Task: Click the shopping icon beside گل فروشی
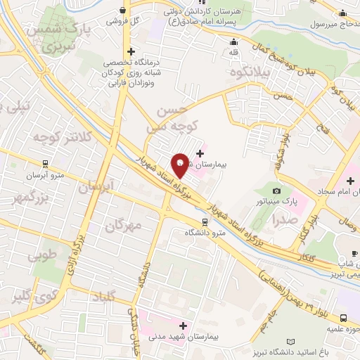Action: (x=124, y=11)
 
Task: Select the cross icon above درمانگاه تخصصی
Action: (x=131, y=51)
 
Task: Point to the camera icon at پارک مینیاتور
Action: (x=277, y=191)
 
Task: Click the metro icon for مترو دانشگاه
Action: (x=205, y=219)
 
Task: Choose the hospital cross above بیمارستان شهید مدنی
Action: (x=184, y=326)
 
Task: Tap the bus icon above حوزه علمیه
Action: (x=344, y=317)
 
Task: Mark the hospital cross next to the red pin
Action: (x=200, y=153)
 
